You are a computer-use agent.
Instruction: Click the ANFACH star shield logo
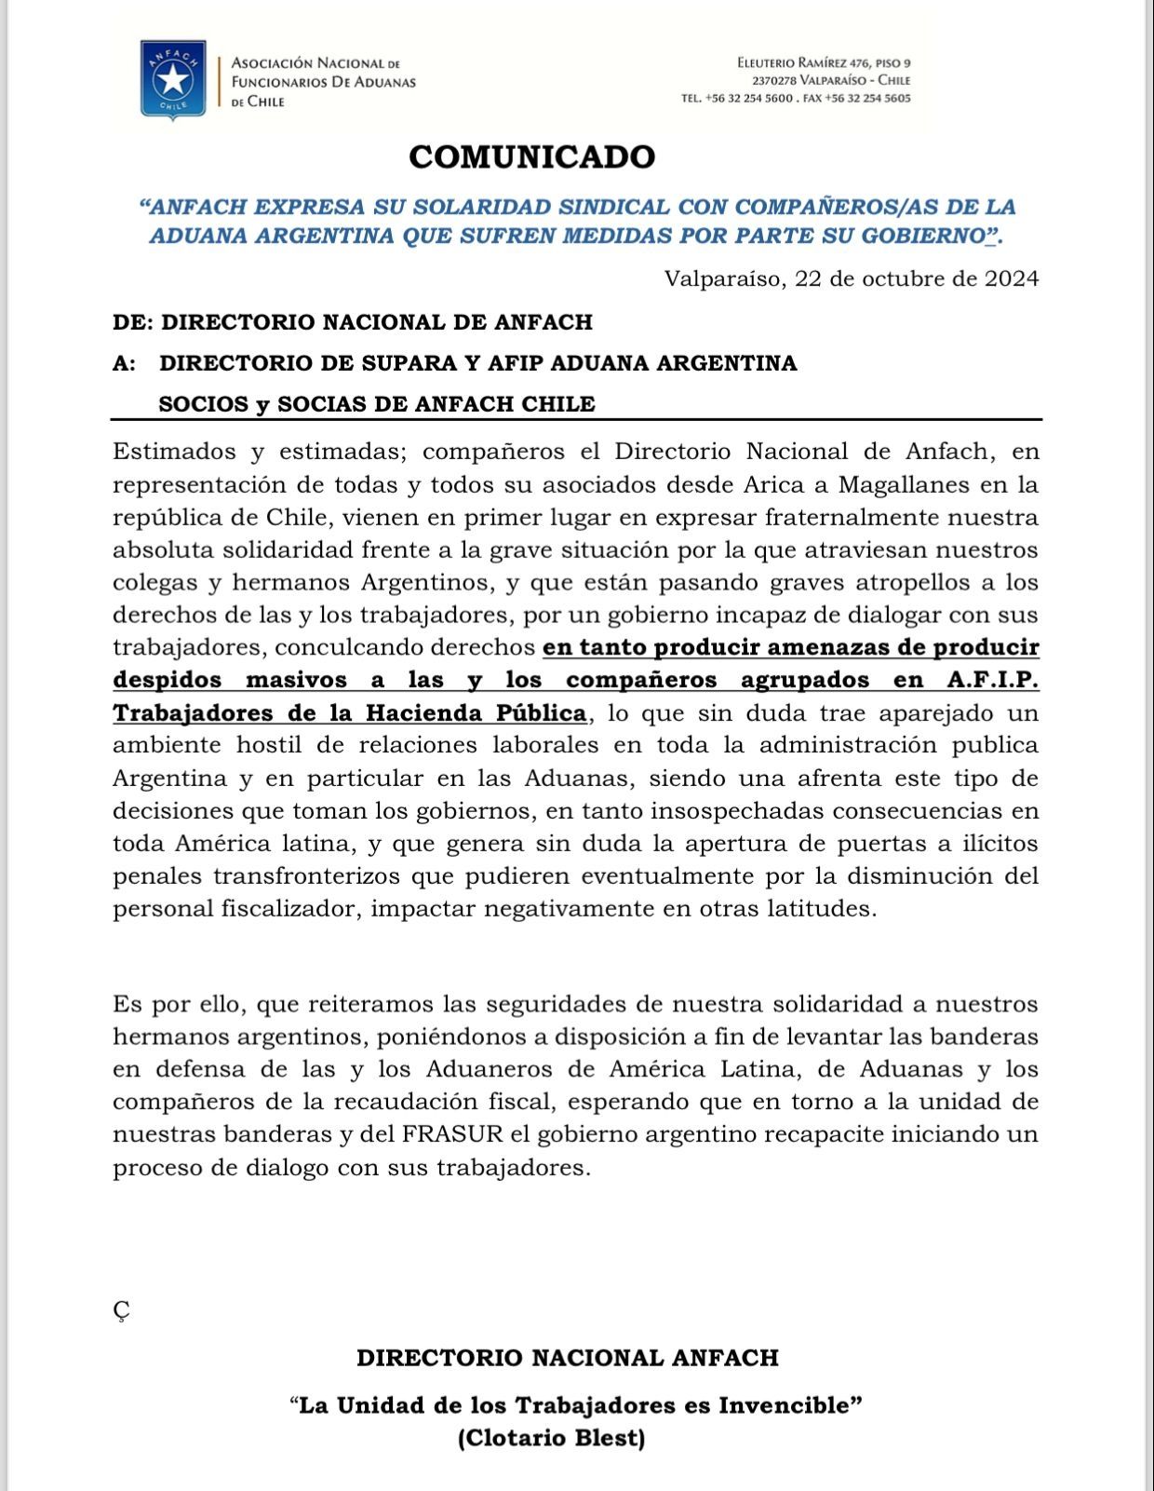(172, 80)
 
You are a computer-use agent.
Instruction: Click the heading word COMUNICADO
(532, 156)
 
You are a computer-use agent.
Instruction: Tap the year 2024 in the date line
(1012, 278)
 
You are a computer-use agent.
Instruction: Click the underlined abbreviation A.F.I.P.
(992, 680)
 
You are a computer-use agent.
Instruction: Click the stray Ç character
(121, 1310)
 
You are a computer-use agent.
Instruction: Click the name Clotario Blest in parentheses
(551, 1437)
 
